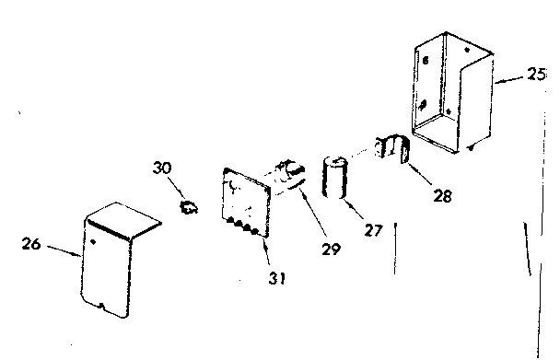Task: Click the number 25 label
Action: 536,76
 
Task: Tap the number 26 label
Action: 31,244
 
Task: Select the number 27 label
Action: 372,231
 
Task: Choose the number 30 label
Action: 162,168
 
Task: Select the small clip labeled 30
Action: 191,207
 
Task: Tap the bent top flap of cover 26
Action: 123,219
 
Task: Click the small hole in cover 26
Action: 95,243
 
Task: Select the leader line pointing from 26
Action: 61,250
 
